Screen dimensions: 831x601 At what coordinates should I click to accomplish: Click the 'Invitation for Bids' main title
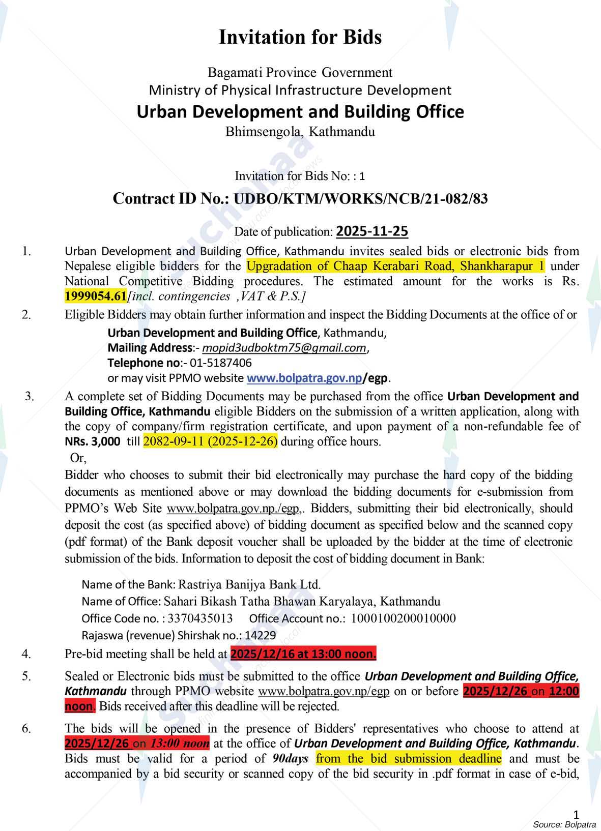pyautogui.click(x=300, y=37)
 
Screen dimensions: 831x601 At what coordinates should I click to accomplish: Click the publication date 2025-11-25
pyautogui.click(x=372, y=231)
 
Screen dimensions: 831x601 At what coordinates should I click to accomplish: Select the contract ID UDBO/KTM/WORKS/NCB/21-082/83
pyautogui.click(x=360, y=198)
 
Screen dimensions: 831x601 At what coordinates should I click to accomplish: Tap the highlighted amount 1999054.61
pyautogui.click(x=95, y=296)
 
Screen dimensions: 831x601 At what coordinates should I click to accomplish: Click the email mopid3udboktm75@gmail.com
pyautogui.click(x=284, y=348)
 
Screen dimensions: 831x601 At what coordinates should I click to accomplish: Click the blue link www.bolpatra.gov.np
pyautogui.click(x=304, y=378)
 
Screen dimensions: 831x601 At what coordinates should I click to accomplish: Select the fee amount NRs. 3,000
pyautogui.click(x=92, y=441)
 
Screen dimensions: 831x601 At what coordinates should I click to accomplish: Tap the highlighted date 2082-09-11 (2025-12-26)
pyautogui.click(x=210, y=441)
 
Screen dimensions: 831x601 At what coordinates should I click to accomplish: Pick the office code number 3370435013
pyautogui.click(x=200, y=618)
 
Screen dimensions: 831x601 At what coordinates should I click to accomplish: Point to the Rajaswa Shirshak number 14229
pyautogui.click(x=260, y=635)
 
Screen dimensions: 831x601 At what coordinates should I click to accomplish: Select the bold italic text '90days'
pyautogui.click(x=290, y=759)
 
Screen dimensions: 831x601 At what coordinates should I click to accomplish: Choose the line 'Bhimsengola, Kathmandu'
pyautogui.click(x=300, y=132)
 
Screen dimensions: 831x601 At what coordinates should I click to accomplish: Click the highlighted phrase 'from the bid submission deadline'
pyautogui.click(x=408, y=759)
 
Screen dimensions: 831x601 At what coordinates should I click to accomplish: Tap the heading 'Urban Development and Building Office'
pyautogui.click(x=300, y=111)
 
